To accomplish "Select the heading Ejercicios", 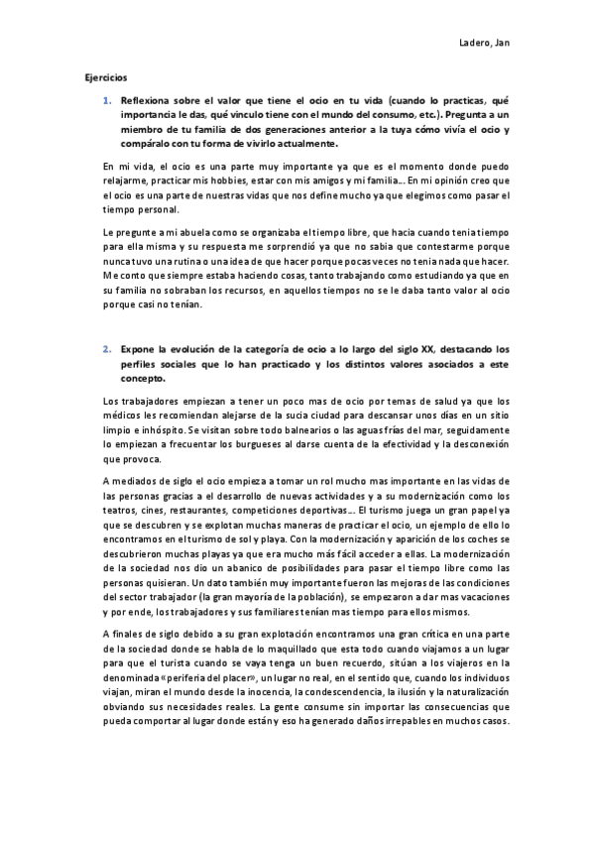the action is pyautogui.click(x=105, y=75).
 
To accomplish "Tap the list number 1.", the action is pyautogui.click(x=106, y=101).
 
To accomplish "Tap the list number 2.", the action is pyautogui.click(x=106, y=350).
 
